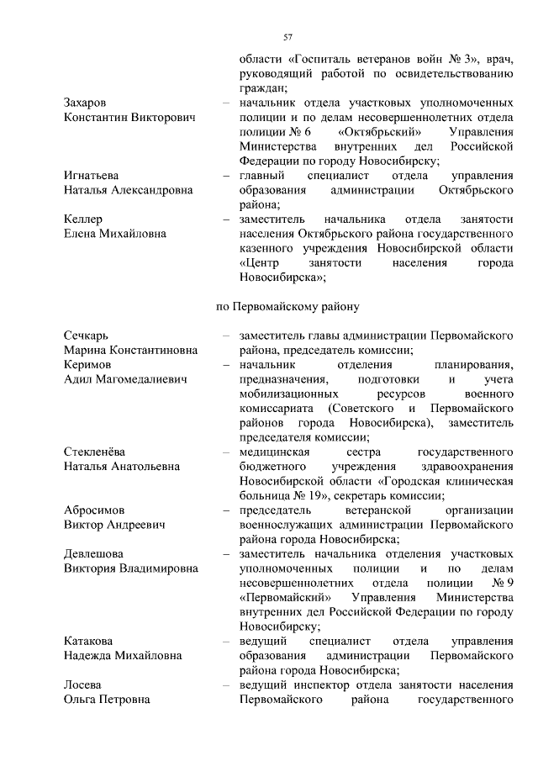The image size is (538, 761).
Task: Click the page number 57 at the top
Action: pyautogui.click(x=287, y=37)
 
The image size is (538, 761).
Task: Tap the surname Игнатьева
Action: pyautogui.click(x=92, y=176)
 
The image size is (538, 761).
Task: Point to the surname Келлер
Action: pyautogui.click(x=83, y=219)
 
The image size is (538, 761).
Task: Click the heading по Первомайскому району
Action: pyautogui.click(x=288, y=306)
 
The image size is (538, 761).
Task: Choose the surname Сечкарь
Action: pyautogui.click(x=86, y=336)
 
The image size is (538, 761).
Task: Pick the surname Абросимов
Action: pyautogui.click(x=95, y=510)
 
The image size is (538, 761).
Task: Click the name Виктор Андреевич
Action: pyautogui.click(x=114, y=525)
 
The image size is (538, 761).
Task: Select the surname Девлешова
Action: pyautogui.click(x=94, y=553)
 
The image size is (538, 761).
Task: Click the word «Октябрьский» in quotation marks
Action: pyautogui.click(x=380, y=132)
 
